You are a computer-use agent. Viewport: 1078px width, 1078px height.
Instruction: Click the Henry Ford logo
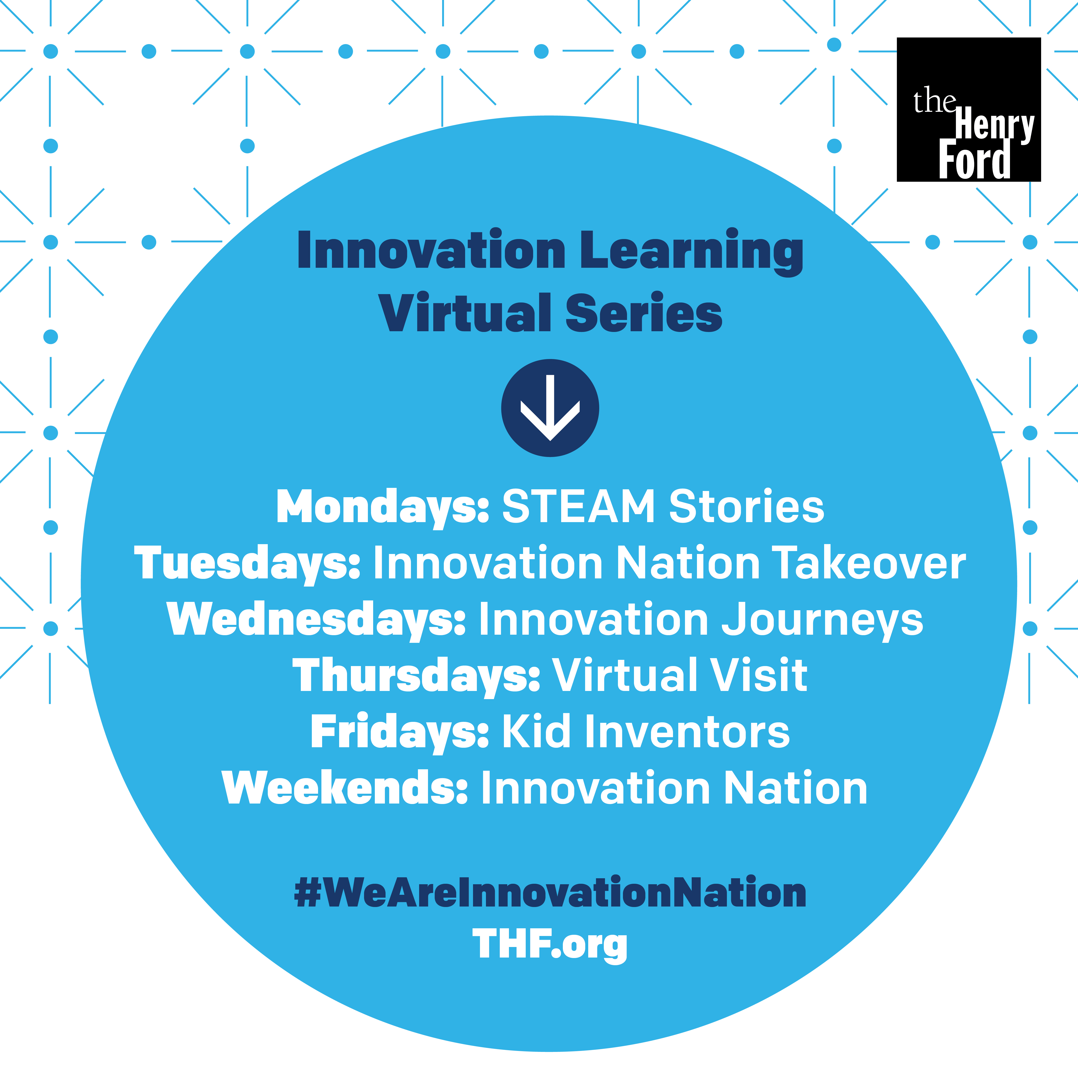(969, 109)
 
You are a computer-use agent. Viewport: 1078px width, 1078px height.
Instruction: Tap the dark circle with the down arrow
(550, 408)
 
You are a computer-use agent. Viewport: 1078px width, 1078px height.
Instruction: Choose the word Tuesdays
(247, 564)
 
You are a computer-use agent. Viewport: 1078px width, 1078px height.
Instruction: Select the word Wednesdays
(316, 620)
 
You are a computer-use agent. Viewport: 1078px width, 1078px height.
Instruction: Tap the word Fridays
(399, 732)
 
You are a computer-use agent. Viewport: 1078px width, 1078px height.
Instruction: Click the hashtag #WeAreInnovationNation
(550, 893)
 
